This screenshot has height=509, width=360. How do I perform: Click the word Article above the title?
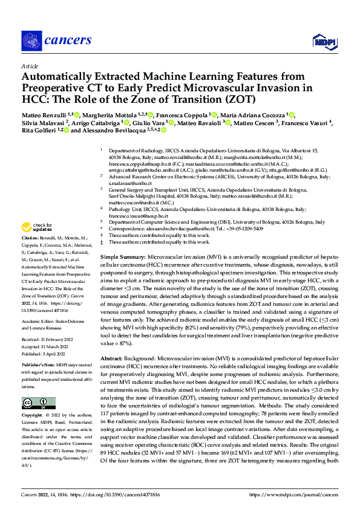click(30, 66)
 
